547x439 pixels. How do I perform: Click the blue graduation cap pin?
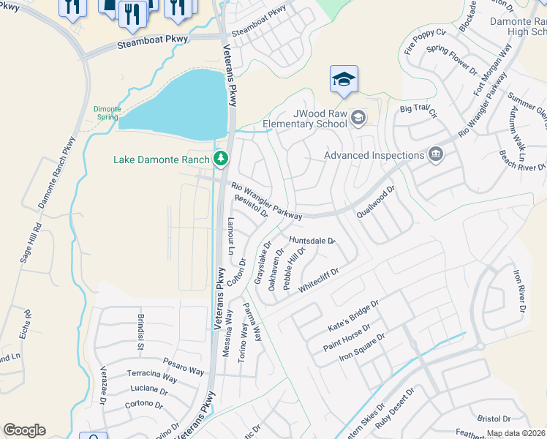coord(344,80)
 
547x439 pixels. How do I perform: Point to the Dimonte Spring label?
coord(107,113)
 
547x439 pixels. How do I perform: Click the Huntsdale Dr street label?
coord(311,240)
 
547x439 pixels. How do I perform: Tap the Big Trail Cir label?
coord(418,112)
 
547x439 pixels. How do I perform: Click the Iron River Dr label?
coord(519,290)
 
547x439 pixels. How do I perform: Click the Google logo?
coord(24,430)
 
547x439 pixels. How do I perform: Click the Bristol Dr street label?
coord(494,419)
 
